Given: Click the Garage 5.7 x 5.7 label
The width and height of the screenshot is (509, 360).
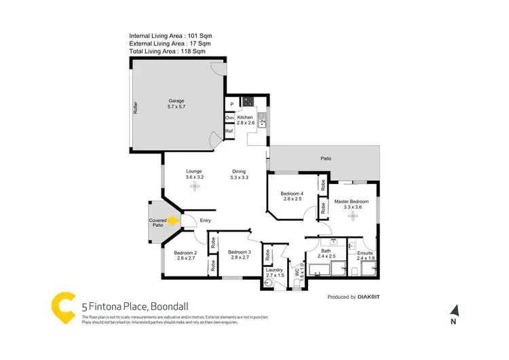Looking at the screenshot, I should click(x=176, y=103).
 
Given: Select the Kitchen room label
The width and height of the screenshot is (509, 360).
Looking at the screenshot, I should click(x=246, y=120).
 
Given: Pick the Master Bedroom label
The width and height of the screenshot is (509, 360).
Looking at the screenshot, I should click(x=351, y=204).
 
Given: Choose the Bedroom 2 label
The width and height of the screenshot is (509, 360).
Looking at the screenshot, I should click(x=186, y=255).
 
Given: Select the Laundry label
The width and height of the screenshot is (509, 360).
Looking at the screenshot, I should click(x=274, y=273).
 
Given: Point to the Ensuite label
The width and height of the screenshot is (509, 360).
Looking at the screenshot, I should click(x=365, y=256).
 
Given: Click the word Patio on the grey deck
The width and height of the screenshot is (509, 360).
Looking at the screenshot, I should click(x=326, y=159).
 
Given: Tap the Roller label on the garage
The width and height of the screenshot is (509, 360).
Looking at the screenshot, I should click(x=136, y=107).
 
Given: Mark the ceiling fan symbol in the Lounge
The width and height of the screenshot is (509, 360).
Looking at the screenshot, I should click(x=195, y=185).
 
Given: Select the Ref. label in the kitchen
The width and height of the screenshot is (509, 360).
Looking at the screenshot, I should click(x=229, y=131).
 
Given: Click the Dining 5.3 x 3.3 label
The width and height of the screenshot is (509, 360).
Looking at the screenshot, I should click(x=239, y=175).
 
